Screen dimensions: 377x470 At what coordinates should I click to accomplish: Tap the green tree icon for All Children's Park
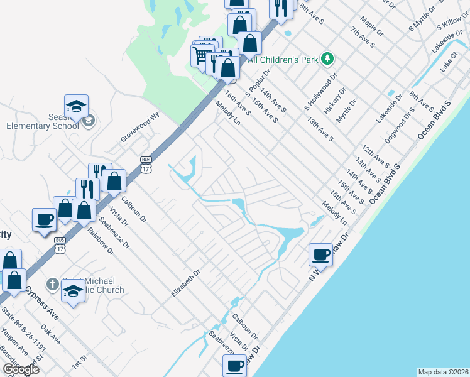pos(327,59)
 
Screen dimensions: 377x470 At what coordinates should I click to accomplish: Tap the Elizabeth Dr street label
pos(185,284)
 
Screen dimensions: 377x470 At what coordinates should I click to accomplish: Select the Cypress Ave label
pos(43,303)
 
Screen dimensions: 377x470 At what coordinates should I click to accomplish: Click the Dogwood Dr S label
pos(401,126)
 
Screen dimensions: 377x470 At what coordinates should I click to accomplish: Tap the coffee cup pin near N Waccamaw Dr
pos(320,254)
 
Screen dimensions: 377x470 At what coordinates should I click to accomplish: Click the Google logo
pos(21,369)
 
